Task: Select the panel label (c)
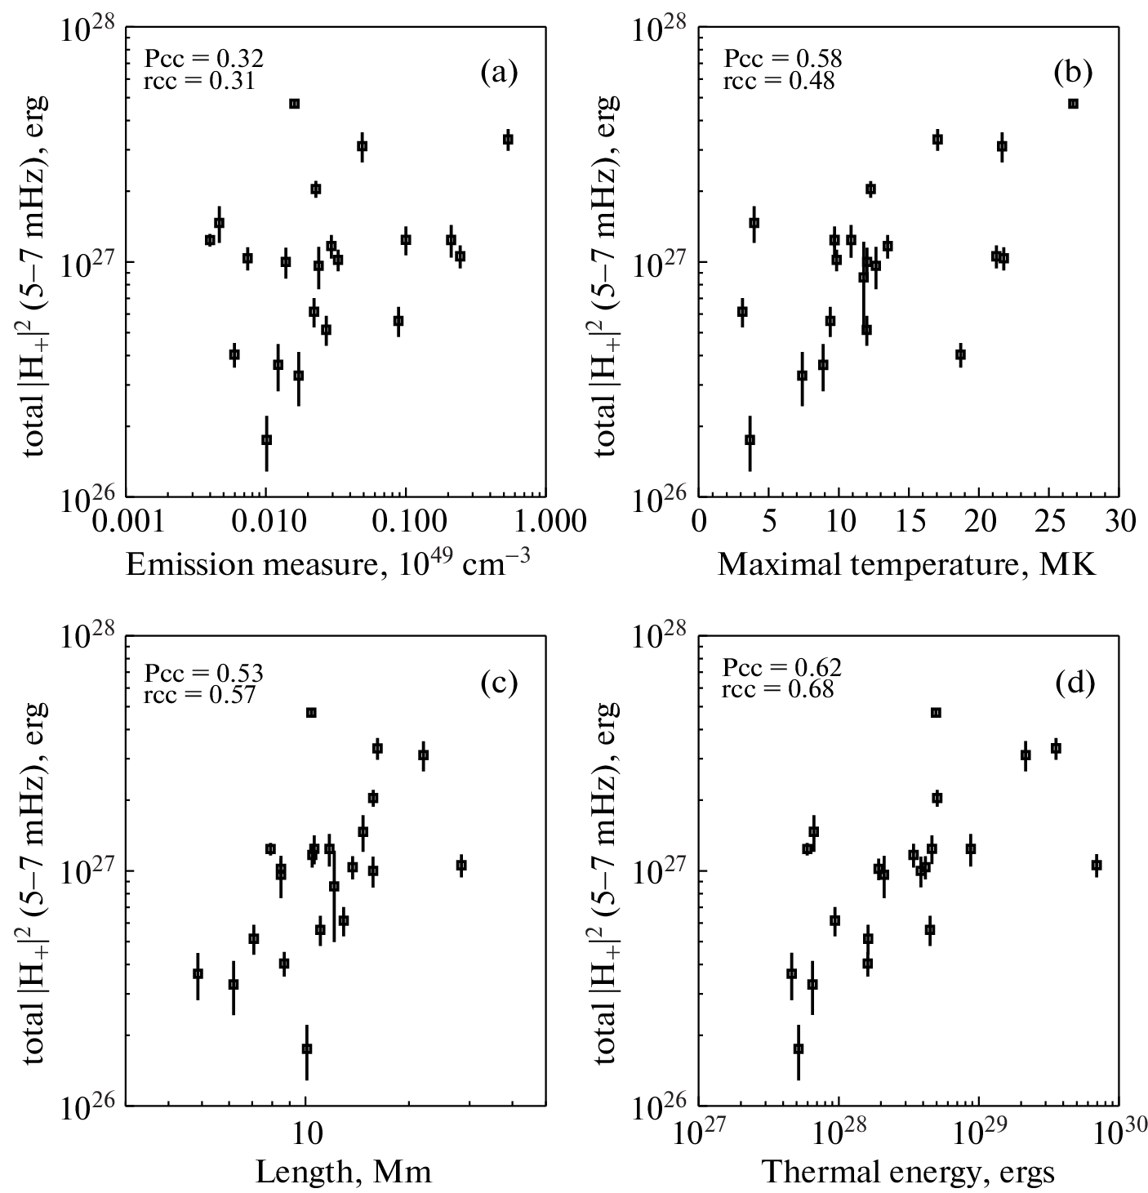click(499, 683)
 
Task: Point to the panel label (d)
click(1073, 683)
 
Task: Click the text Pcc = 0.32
click(203, 59)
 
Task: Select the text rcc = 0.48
click(778, 81)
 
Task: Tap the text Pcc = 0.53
click(203, 673)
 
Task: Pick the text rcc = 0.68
click(778, 690)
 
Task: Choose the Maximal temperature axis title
click(906, 565)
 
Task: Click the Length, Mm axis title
click(344, 1173)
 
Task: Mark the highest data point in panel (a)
click(294, 104)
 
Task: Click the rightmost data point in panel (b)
click(1073, 104)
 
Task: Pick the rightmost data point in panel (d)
click(1097, 865)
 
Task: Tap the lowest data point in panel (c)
click(306, 1048)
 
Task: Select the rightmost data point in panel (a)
click(508, 140)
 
